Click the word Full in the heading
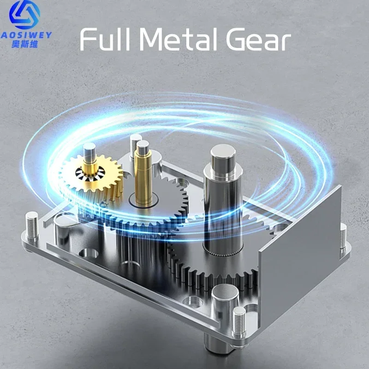[105, 39]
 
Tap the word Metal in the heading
[178, 39]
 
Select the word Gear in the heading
[258, 39]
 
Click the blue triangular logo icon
[24, 15]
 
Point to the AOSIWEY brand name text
[26, 35]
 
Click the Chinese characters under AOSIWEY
[25, 44]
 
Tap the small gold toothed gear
[92, 174]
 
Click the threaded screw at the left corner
[32, 225]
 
